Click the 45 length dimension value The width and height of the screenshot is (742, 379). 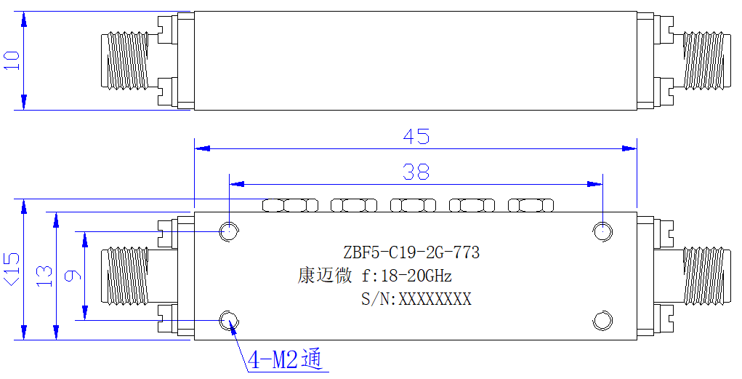point(416,137)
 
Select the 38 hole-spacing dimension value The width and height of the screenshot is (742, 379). point(416,172)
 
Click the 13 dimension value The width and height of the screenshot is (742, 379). point(44,276)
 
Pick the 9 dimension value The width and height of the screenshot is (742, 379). point(73,276)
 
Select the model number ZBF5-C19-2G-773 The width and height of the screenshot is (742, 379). point(411,252)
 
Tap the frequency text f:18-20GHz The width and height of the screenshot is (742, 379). point(407,275)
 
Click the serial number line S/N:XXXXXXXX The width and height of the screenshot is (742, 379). point(416,299)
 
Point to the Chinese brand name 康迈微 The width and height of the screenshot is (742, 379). point(325,275)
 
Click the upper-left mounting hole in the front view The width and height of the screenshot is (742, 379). point(229,231)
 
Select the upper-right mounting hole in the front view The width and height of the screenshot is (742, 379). point(602,231)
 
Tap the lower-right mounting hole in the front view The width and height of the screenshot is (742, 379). point(602,320)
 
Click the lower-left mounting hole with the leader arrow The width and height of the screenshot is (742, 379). point(229,320)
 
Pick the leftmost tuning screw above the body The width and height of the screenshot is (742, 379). point(290,206)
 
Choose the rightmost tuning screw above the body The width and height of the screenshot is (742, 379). point(531,206)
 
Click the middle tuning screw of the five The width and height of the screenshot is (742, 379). point(413,206)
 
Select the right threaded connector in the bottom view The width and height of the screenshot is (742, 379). point(703,276)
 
